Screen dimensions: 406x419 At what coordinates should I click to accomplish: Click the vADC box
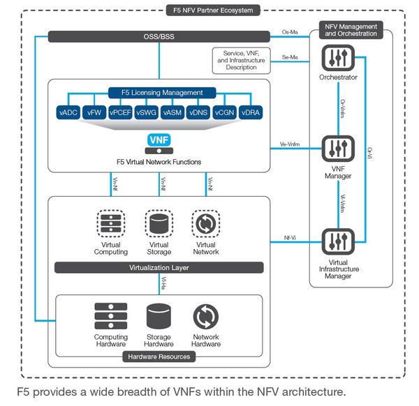(68, 112)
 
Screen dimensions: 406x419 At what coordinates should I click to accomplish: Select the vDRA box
(252, 112)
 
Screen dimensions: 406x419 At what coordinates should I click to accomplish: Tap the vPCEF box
(119, 112)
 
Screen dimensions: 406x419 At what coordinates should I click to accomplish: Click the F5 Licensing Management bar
(160, 92)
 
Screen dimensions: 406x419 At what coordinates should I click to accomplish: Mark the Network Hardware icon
(206, 317)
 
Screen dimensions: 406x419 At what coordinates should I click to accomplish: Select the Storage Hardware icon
(159, 317)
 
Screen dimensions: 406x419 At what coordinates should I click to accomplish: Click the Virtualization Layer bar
(159, 268)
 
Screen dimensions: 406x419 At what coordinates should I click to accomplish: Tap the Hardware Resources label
(159, 356)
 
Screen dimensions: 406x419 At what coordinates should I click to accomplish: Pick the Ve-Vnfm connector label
(290, 144)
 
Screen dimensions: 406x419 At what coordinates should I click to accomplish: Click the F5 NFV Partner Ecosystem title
(213, 10)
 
